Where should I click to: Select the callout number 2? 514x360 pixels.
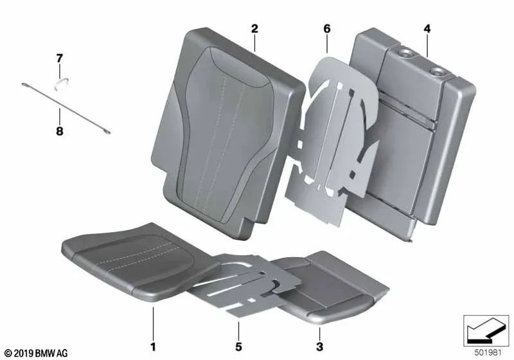point(254,29)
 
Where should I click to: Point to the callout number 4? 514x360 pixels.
point(427,29)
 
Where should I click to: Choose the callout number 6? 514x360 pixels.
point(326,29)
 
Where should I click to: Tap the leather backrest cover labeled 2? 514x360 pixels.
point(225,122)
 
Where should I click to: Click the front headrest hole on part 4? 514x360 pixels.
point(407,55)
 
